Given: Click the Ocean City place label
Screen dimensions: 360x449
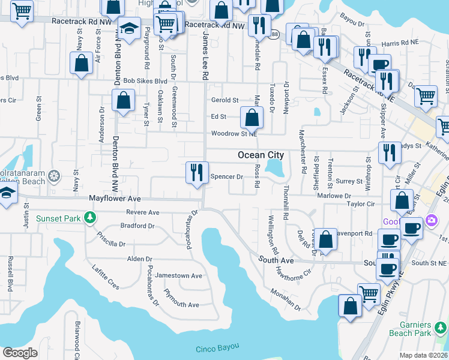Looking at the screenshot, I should (261, 155).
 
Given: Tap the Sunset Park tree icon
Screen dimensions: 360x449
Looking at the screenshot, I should (89, 217).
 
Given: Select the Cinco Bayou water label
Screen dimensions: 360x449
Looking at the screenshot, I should (217, 348).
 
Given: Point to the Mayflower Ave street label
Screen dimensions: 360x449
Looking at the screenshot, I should (115, 198).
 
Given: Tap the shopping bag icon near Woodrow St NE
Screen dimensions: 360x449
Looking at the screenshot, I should (252, 118).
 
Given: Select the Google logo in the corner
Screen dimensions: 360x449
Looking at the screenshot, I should (20, 353).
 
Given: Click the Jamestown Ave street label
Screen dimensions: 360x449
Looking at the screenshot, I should (179, 275).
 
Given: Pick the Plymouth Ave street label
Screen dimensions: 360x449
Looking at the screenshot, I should (181, 305).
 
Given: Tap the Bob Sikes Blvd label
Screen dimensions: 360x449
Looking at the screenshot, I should (145, 81).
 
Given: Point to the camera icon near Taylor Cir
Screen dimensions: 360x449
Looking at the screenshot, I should (431, 221).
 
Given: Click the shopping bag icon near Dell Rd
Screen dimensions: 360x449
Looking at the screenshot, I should (325, 239).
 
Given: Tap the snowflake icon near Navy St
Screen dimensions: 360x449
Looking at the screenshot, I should (55, 176).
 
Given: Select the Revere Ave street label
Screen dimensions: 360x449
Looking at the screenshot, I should (143, 212).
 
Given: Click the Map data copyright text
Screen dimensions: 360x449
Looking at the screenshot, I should (424, 355).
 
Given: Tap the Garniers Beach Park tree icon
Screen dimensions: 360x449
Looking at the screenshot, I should (440, 328).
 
